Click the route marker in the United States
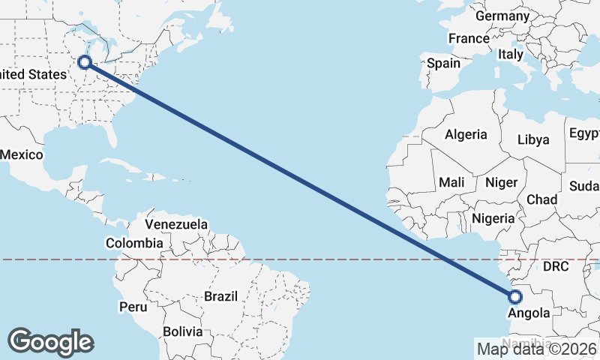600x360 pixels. pyautogui.click(x=85, y=62)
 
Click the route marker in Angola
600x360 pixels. pyautogui.click(x=514, y=296)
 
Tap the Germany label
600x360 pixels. pyautogui.click(x=502, y=16)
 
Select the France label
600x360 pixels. pyautogui.click(x=469, y=38)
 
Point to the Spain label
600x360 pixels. pyautogui.click(x=443, y=64)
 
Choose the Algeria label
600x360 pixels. pyautogui.click(x=466, y=135)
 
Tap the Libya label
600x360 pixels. pyautogui.click(x=533, y=139)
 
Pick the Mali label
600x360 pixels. pyautogui.click(x=451, y=181)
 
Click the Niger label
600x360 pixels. pyautogui.click(x=502, y=182)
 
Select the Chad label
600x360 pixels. pyautogui.click(x=541, y=199)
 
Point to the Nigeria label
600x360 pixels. pyautogui.click(x=493, y=218)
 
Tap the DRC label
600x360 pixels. pyautogui.click(x=556, y=266)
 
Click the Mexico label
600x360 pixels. pyautogui.click(x=22, y=154)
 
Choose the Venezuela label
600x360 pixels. pyautogui.click(x=176, y=224)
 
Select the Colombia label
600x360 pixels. pyautogui.click(x=134, y=243)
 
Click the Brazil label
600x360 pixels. pyautogui.click(x=220, y=296)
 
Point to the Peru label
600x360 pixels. pyautogui.click(x=132, y=307)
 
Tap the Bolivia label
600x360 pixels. pyautogui.click(x=183, y=331)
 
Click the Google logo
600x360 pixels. pyautogui.click(x=50, y=341)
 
